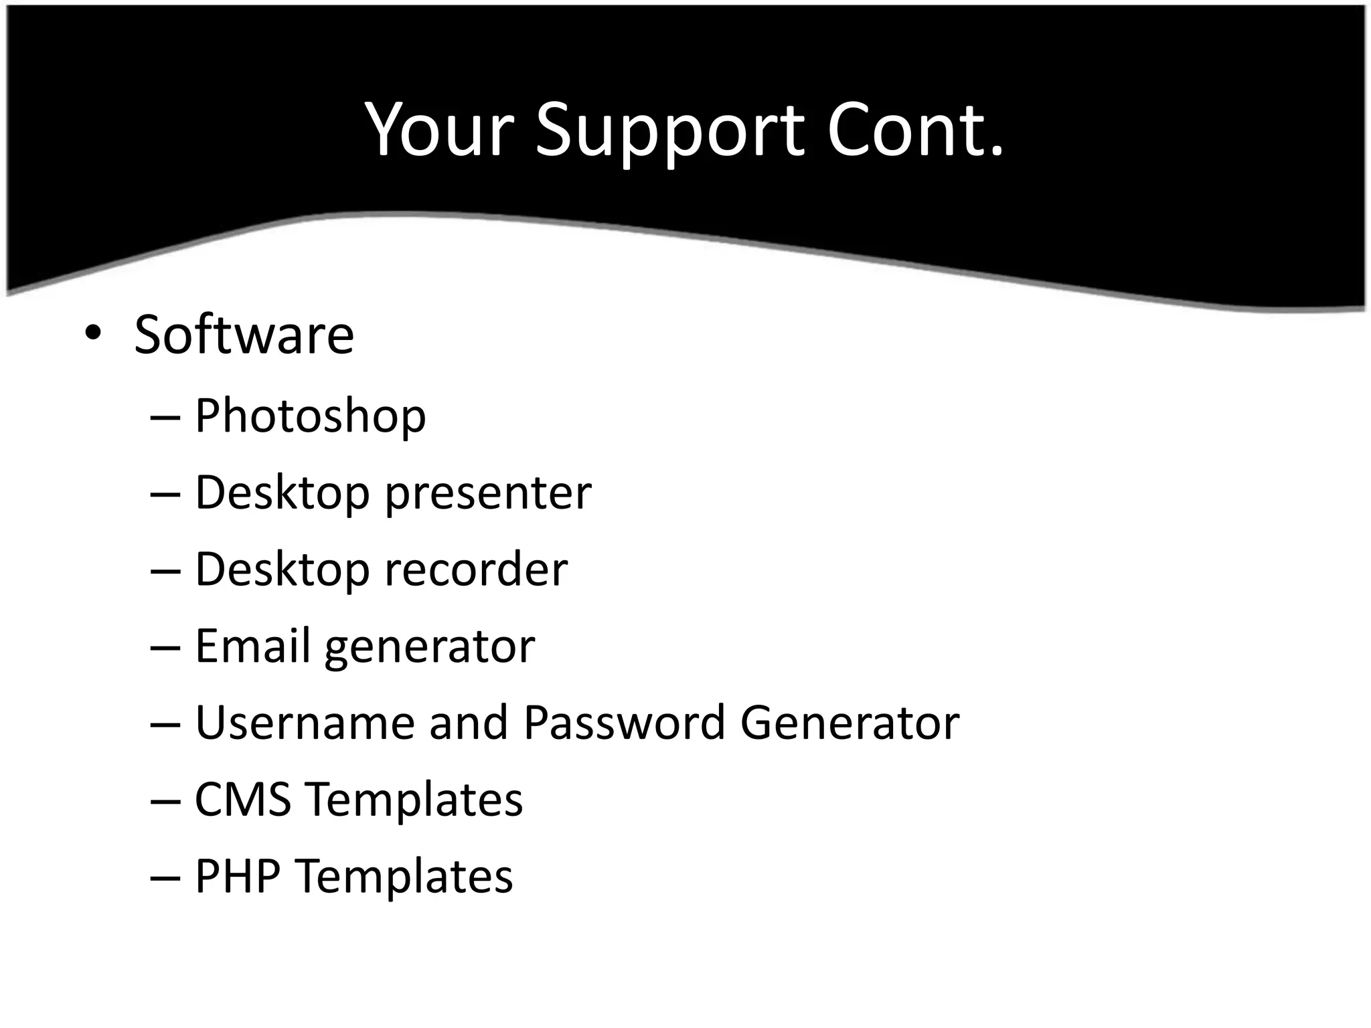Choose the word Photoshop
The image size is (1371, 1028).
tap(310, 416)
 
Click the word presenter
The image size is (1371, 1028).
tap(488, 493)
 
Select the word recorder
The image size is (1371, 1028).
tap(476, 570)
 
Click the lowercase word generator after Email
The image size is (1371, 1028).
tap(430, 647)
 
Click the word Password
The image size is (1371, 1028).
tap(624, 723)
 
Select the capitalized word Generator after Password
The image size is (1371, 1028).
tap(850, 723)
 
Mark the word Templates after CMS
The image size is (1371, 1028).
tap(414, 800)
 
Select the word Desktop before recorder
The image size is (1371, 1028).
tap(282, 570)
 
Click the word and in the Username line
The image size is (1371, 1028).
tap(468, 723)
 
